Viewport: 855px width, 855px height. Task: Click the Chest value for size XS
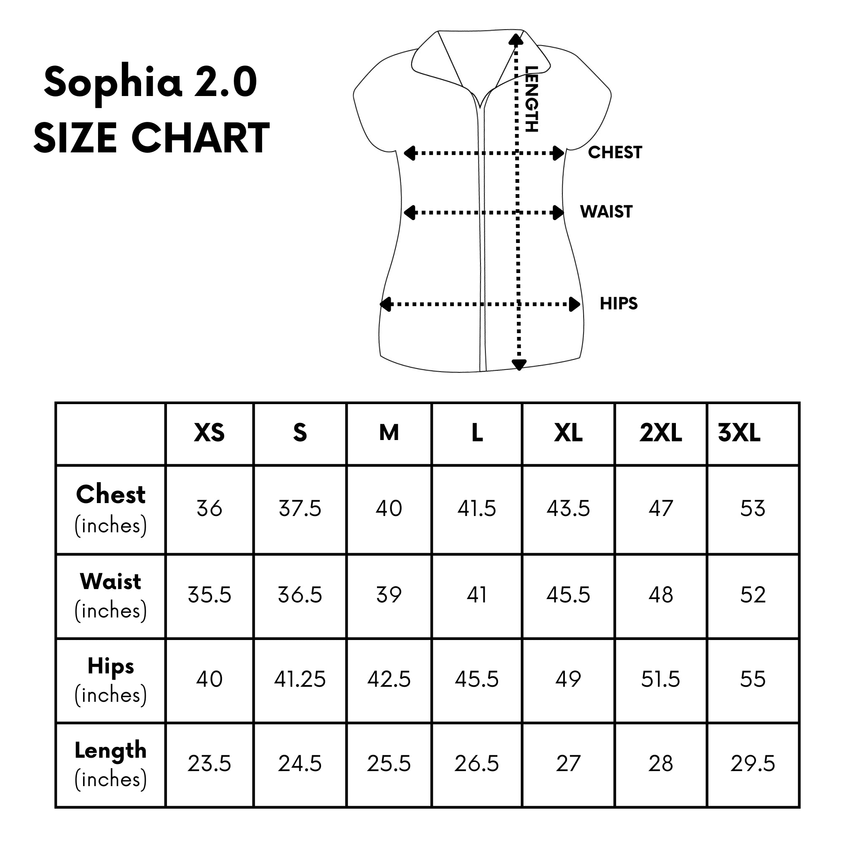coord(209,508)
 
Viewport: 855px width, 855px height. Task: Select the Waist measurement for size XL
coord(568,595)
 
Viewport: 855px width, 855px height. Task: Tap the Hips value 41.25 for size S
coord(300,679)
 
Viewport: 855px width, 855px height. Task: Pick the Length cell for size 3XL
coord(753,764)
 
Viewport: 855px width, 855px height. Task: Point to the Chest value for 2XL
coord(661,508)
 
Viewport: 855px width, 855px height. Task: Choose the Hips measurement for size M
coord(389,679)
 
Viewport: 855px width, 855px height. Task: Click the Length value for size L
coord(477,764)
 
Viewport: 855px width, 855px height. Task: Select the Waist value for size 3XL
coord(753,595)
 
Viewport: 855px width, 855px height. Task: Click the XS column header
coord(209,433)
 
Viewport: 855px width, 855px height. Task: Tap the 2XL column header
coord(661,433)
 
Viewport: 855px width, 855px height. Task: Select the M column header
coord(389,433)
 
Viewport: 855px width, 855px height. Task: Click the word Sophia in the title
coord(113,83)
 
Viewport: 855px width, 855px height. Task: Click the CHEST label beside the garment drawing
coord(615,153)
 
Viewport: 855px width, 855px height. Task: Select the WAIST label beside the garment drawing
coord(606,212)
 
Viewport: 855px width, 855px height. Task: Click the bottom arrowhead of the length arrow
coord(519,364)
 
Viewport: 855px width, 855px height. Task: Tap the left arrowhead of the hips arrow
coord(385,304)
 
